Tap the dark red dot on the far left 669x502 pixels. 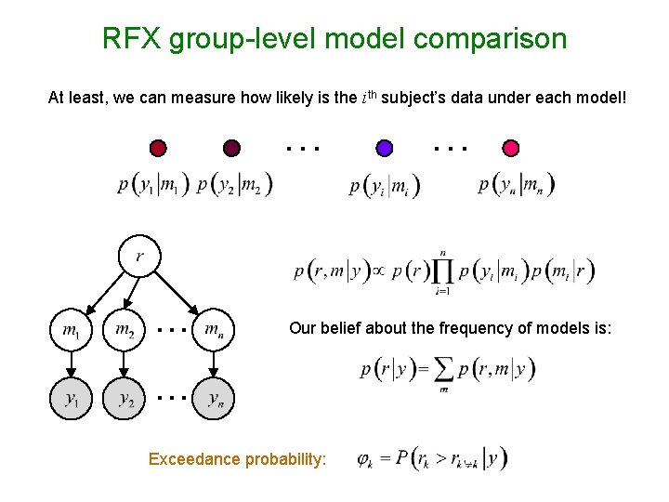tap(159, 148)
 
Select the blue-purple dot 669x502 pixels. tap(384, 148)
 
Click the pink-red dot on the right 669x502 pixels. tap(510, 148)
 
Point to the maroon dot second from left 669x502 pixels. tap(231, 148)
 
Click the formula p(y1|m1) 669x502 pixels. tap(154, 185)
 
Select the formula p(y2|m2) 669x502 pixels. tap(235, 185)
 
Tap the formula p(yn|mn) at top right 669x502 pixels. tap(517, 184)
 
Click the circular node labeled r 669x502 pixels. tap(139, 256)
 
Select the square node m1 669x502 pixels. tap(71, 329)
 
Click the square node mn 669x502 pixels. tap(214, 329)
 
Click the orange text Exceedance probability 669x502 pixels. tap(237, 458)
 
